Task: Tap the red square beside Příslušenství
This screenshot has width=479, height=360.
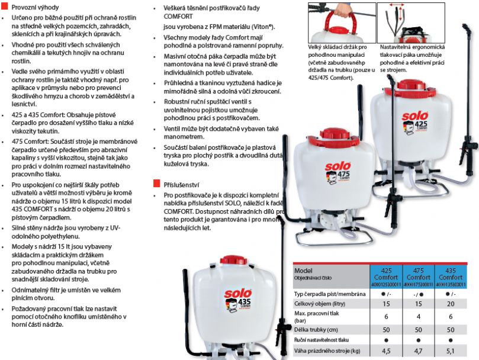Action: coord(156,184)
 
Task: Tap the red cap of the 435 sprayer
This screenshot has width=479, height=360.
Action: coord(233,260)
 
